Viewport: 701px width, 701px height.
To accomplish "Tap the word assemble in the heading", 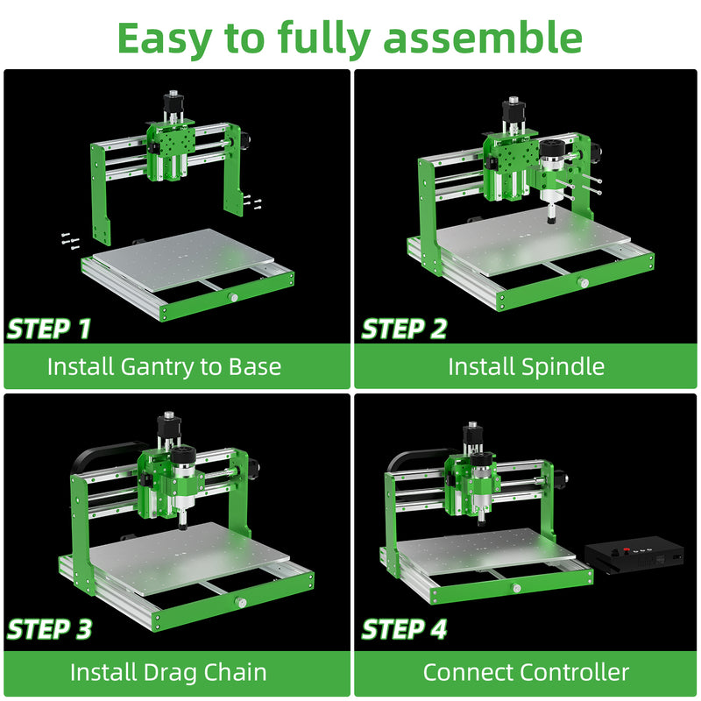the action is [x=483, y=38].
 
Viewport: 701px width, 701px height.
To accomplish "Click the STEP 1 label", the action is [x=49, y=329].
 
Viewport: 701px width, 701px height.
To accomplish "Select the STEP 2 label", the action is [x=404, y=329].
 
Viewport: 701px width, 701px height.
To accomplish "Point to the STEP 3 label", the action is [x=50, y=629].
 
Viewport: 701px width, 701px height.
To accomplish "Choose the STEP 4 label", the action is [x=404, y=629].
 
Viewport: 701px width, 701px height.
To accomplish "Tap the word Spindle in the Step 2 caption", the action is [x=563, y=366].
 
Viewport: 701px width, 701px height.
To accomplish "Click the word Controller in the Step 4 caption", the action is [x=575, y=672].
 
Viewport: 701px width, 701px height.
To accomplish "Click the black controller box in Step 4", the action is [x=634, y=556].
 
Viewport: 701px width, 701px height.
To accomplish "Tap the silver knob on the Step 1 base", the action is [x=233, y=297].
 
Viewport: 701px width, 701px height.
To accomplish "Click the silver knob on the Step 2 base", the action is [x=583, y=282].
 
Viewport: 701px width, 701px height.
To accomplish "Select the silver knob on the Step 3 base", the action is [x=242, y=603].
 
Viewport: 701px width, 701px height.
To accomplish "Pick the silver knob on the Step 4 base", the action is [x=517, y=588].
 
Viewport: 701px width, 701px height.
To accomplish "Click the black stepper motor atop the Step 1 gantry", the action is [x=173, y=103].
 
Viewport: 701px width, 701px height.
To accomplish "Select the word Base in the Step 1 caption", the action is [x=255, y=366].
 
